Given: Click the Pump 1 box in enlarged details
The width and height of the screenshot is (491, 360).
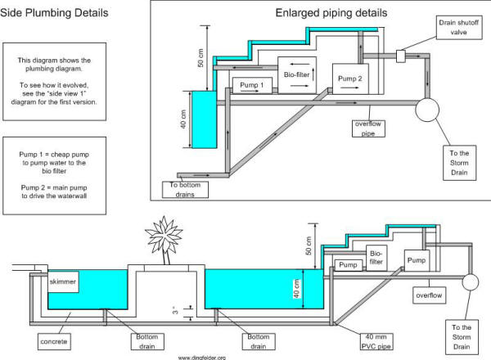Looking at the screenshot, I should (x=250, y=85).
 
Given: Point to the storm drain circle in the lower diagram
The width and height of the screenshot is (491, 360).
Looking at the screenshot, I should (x=471, y=283).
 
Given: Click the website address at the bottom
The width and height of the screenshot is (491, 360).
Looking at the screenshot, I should (x=200, y=356).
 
